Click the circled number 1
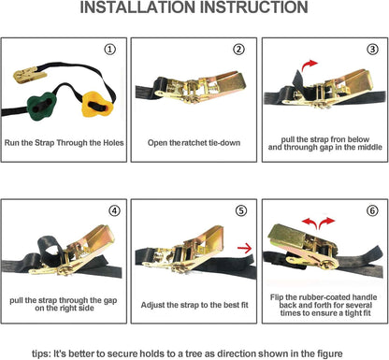tap(109, 50)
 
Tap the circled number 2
tap(239, 50)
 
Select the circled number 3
tap(372, 50)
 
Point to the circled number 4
tap(114, 211)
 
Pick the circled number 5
tap(241, 211)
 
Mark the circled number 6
tap(372, 211)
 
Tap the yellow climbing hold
tap(96, 104)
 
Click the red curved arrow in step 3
tap(309, 65)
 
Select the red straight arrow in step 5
tap(244, 249)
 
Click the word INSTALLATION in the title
tap(137, 7)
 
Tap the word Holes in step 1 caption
tap(113, 143)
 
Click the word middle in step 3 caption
tap(369, 147)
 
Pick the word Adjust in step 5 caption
tap(151, 305)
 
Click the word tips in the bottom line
tap(41, 354)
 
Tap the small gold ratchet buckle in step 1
tap(29, 76)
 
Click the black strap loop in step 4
tap(50, 247)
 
